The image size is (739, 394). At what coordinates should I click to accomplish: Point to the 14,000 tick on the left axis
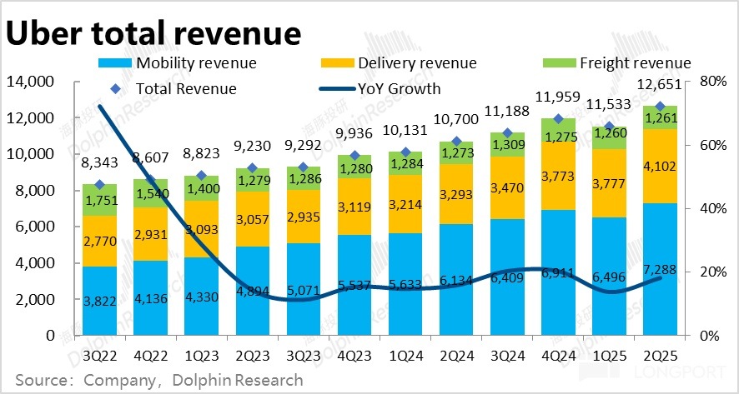29,82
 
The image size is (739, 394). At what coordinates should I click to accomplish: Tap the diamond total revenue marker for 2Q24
456,142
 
